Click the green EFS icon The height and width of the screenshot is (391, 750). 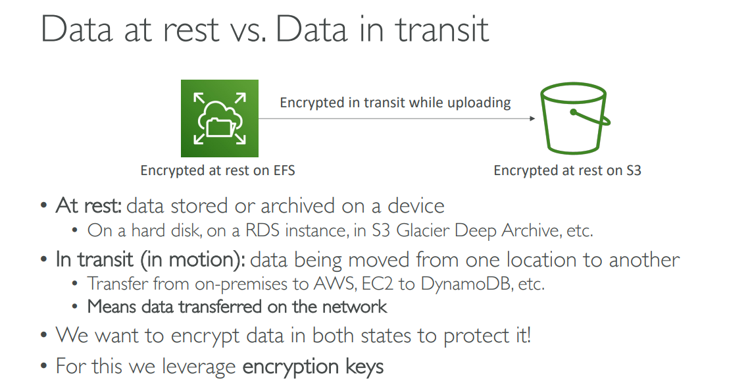(x=220, y=118)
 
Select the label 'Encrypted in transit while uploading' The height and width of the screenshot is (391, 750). (x=395, y=103)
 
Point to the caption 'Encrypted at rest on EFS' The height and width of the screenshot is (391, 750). (x=218, y=170)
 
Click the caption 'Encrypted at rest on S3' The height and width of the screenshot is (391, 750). (x=567, y=170)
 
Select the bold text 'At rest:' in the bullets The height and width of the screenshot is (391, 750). (x=89, y=206)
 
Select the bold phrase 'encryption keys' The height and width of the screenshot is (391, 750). (x=313, y=366)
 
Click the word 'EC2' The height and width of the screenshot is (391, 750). (x=366, y=284)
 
